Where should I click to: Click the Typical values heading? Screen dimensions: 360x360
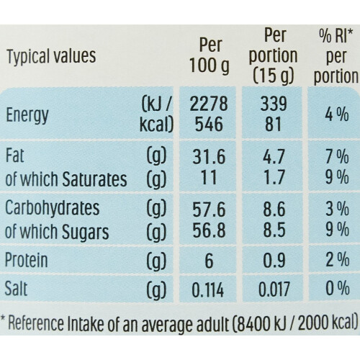coord(51,56)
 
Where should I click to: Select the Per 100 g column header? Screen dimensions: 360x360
coord(210,55)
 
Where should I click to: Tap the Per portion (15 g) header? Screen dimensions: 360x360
coord(273,55)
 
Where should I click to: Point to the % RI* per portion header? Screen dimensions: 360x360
coord(336,56)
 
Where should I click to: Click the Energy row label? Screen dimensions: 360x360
coord(27,115)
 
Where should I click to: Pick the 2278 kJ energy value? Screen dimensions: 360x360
coord(209,104)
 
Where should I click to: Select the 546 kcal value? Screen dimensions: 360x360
coord(209,125)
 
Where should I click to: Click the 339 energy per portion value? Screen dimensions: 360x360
coord(274,104)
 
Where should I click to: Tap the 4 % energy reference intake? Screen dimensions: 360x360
coord(337,114)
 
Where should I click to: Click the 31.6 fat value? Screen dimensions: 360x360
coord(209,157)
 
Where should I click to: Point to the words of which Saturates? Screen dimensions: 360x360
coord(66,179)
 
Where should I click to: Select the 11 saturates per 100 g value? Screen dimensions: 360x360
coord(208,177)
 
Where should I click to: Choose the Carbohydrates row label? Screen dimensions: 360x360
coord(52,208)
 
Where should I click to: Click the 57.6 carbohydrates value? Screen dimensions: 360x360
coord(209,210)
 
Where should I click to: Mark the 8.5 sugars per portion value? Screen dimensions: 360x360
coord(274,230)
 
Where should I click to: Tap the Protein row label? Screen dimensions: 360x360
coord(27,260)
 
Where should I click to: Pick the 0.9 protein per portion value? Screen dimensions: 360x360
coord(274,261)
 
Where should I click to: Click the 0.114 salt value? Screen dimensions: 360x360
coord(208,289)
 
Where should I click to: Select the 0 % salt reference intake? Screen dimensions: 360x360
coord(337,288)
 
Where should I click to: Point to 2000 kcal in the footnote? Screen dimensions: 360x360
coord(328,324)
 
